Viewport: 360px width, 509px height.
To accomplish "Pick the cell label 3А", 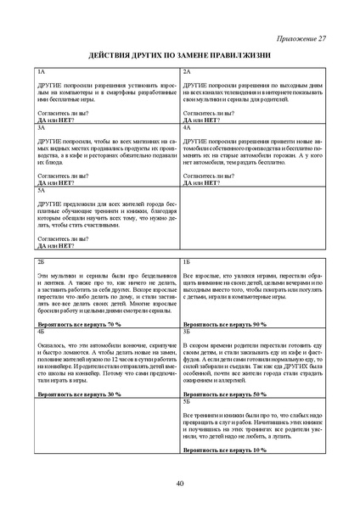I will click(42, 126).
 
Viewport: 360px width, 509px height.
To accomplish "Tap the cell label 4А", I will click(187, 126).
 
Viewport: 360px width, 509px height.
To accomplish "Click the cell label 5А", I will click(42, 190).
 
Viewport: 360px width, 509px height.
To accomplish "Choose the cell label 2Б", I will click(42, 265).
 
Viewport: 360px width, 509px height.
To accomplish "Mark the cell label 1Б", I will click(187, 265).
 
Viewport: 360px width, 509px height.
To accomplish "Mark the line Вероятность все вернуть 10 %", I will click(224, 450).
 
